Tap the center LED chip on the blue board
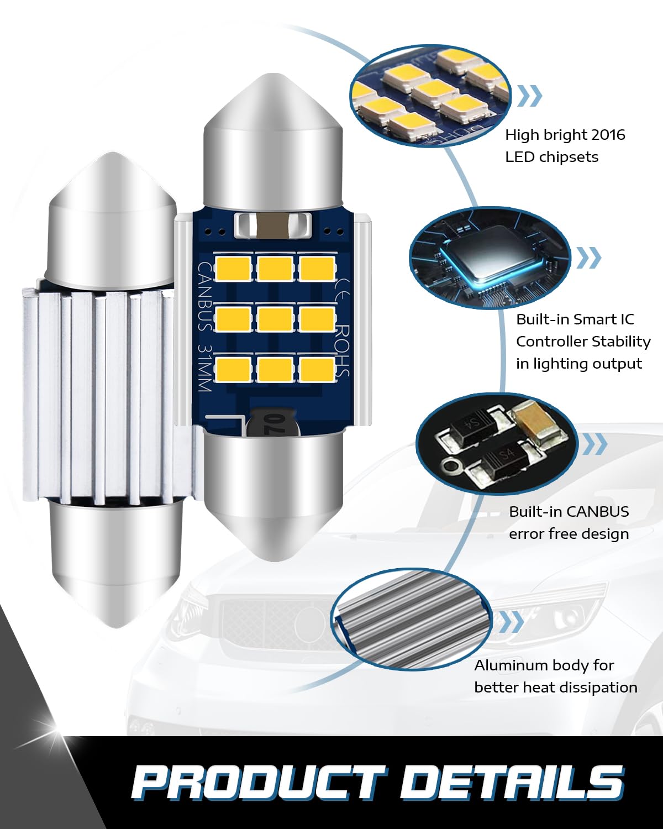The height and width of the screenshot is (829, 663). (x=275, y=319)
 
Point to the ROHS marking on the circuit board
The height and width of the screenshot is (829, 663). (x=343, y=350)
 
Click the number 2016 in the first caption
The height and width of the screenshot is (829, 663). (x=608, y=135)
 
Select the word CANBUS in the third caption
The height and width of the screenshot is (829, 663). (x=598, y=512)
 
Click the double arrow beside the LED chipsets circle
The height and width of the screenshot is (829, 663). (x=530, y=96)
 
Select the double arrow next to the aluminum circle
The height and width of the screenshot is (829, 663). (x=512, y=622)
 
